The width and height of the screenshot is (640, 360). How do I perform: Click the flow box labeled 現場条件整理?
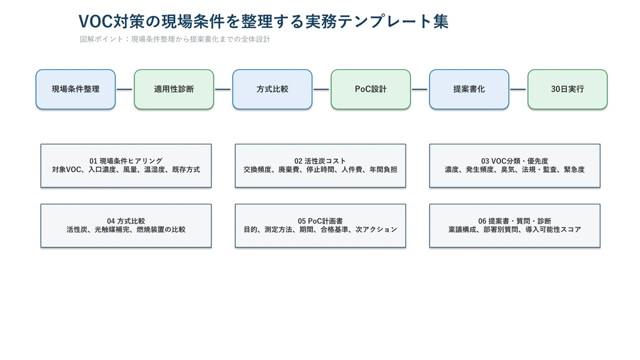click(x=76, y=89)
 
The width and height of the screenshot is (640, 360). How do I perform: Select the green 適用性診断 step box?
click(x=174, y=89)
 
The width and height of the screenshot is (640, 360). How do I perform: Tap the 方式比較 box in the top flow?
click(x=273, y=89)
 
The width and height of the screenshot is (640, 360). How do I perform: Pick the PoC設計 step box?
click(x=371, y=89)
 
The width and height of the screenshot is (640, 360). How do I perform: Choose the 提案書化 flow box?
click(x=469, y=89)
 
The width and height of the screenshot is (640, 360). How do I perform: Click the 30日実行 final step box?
click(x=567, y=89)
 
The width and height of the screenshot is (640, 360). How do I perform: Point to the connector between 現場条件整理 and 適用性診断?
click(x=125, y=90)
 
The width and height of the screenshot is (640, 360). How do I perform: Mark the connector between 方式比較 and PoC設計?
click(x=321, y=90)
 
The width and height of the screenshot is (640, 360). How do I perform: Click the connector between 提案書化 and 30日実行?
click(x=518, y=90)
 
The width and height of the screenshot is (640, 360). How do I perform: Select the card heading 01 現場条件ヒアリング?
click(x=126, y=161)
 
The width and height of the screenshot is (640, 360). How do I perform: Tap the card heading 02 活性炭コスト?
click(x=321, y=161)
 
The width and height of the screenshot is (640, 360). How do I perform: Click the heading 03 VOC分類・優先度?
click(x=515, y=161)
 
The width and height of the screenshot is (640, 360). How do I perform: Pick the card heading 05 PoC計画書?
click(x=321, y=221)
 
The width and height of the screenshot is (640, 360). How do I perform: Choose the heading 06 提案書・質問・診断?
click(x=515, y=221)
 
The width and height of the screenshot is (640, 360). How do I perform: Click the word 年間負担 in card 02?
click(x=383, y=170)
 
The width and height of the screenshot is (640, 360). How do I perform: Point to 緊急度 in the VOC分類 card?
click(x=574, y=170)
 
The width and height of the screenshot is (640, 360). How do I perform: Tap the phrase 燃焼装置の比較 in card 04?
click(x=161, y=230)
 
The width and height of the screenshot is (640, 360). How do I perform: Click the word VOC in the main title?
click(x=95, y=21)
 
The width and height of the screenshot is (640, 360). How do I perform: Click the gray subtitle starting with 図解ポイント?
click(x=175, y=39)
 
